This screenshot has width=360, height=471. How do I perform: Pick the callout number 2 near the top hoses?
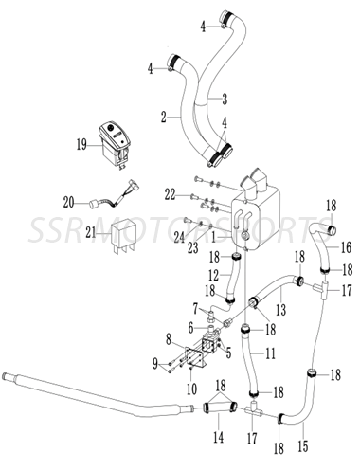click(x=163, y=117)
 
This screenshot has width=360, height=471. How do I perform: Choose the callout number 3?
click(x=225, y=98)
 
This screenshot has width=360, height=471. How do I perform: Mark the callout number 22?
click(x=169, y=193)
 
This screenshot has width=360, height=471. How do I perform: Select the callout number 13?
click(x=281, y=308)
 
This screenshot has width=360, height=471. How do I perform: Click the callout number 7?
click(x=195, y=309)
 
